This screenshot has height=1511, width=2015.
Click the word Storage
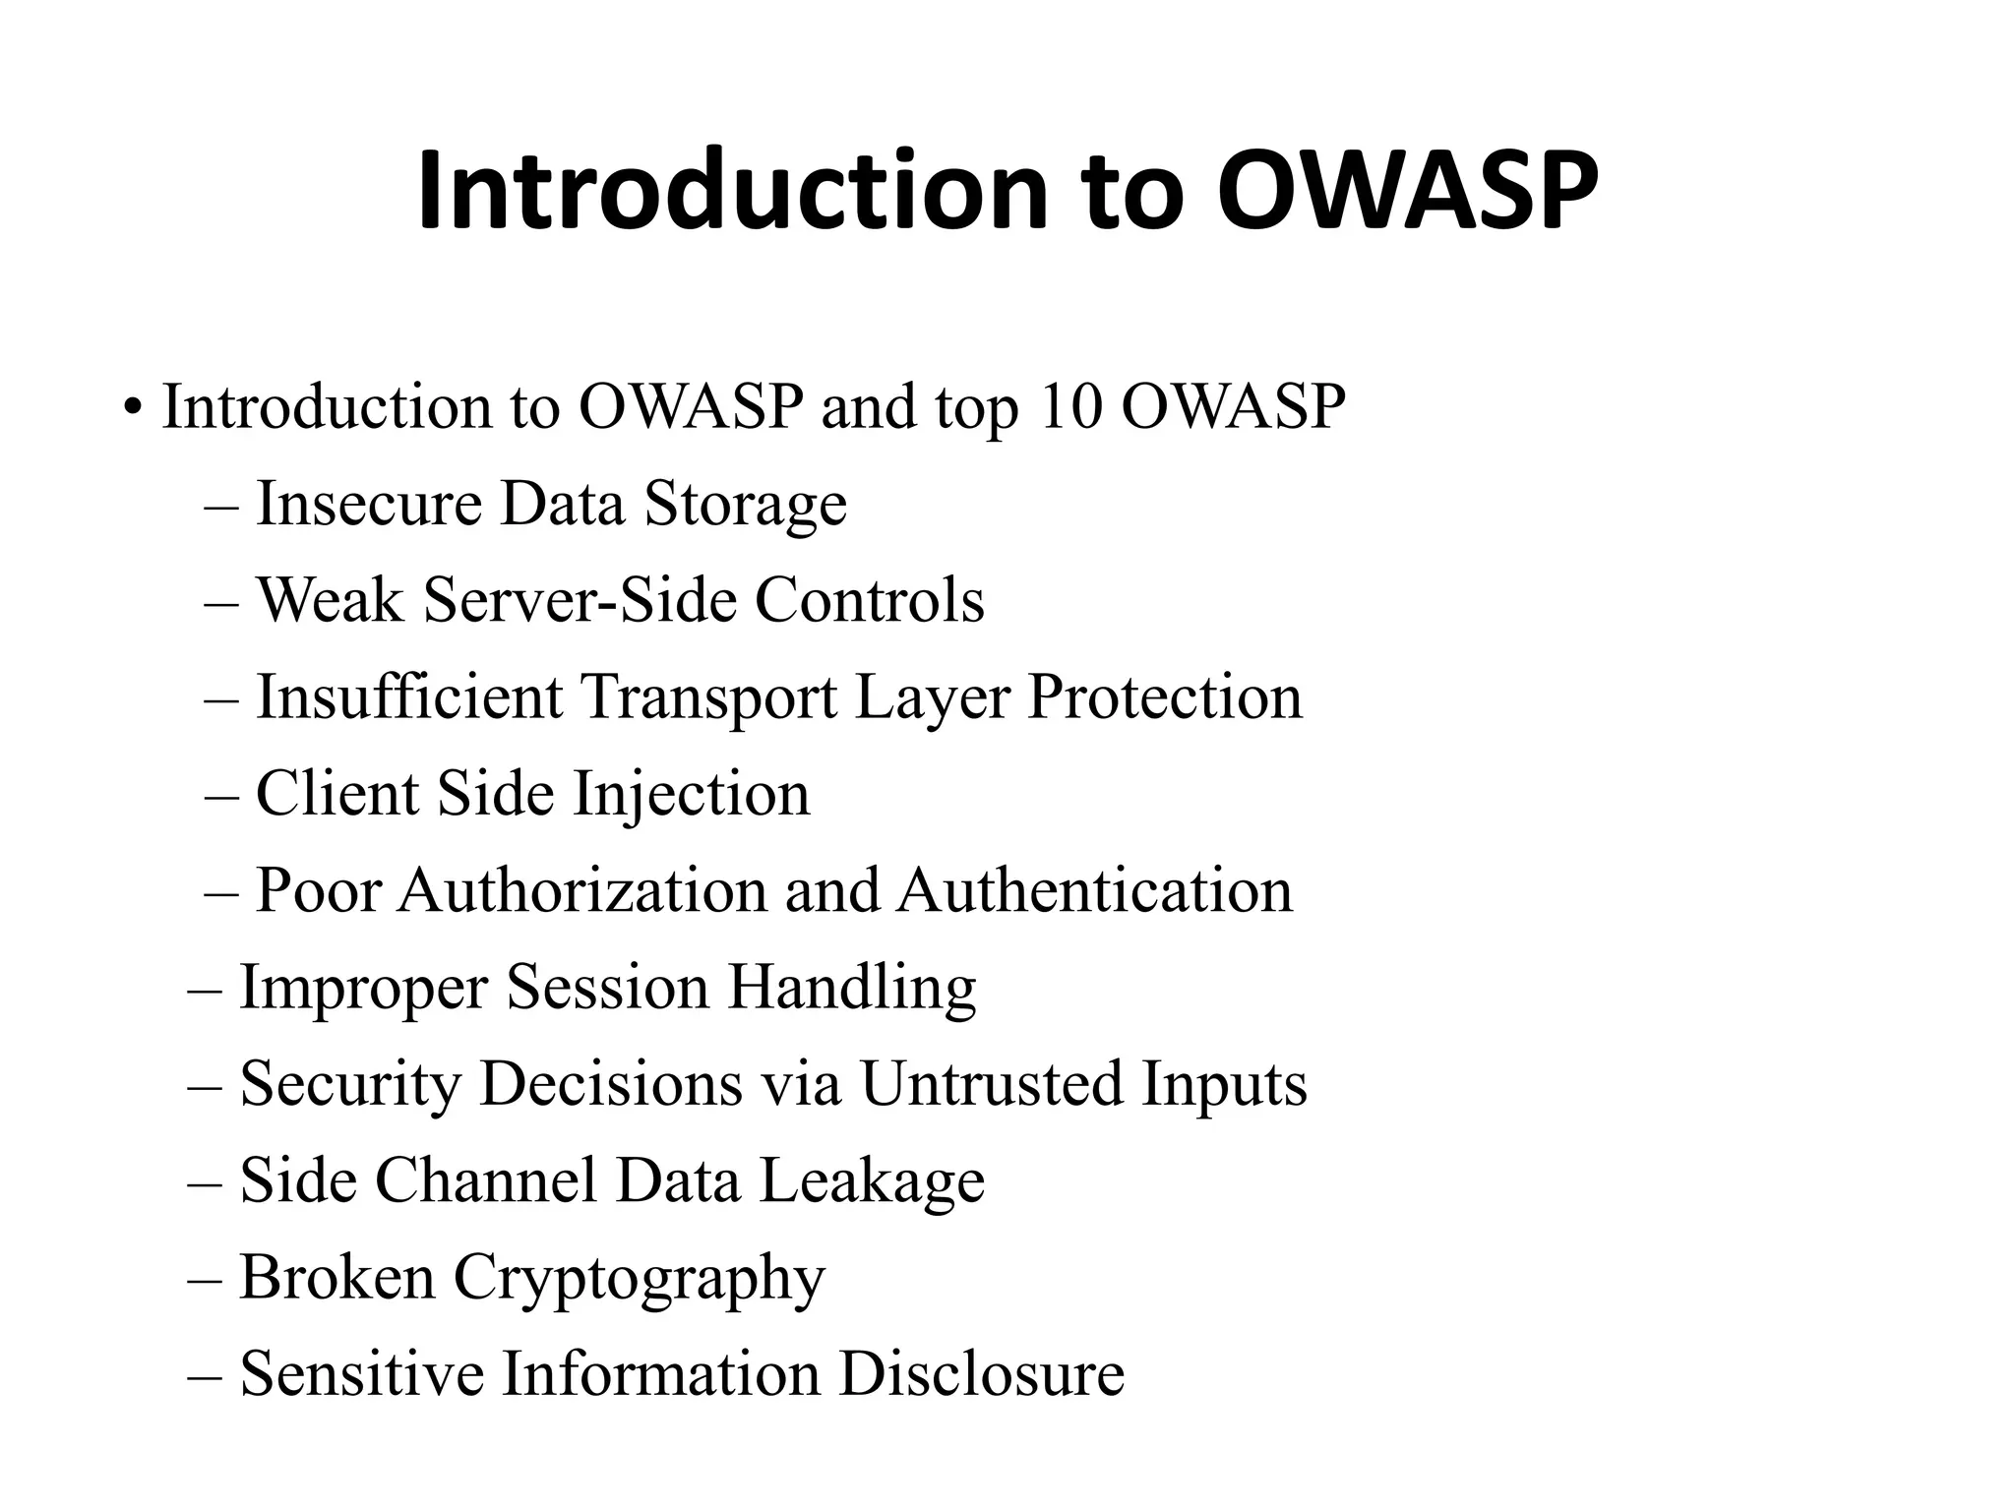745,505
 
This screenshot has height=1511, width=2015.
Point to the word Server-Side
580,600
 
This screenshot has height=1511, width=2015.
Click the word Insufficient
409,696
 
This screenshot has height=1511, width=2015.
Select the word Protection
1165,696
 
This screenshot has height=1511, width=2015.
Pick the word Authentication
1095,890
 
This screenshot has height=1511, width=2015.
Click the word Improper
363,988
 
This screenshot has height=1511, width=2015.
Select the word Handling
851,988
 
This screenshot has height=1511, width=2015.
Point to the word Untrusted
992,1084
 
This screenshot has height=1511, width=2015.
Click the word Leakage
872,1180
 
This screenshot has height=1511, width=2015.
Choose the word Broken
336,1277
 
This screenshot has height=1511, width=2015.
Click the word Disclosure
981,1373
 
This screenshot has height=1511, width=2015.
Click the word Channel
486,1180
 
